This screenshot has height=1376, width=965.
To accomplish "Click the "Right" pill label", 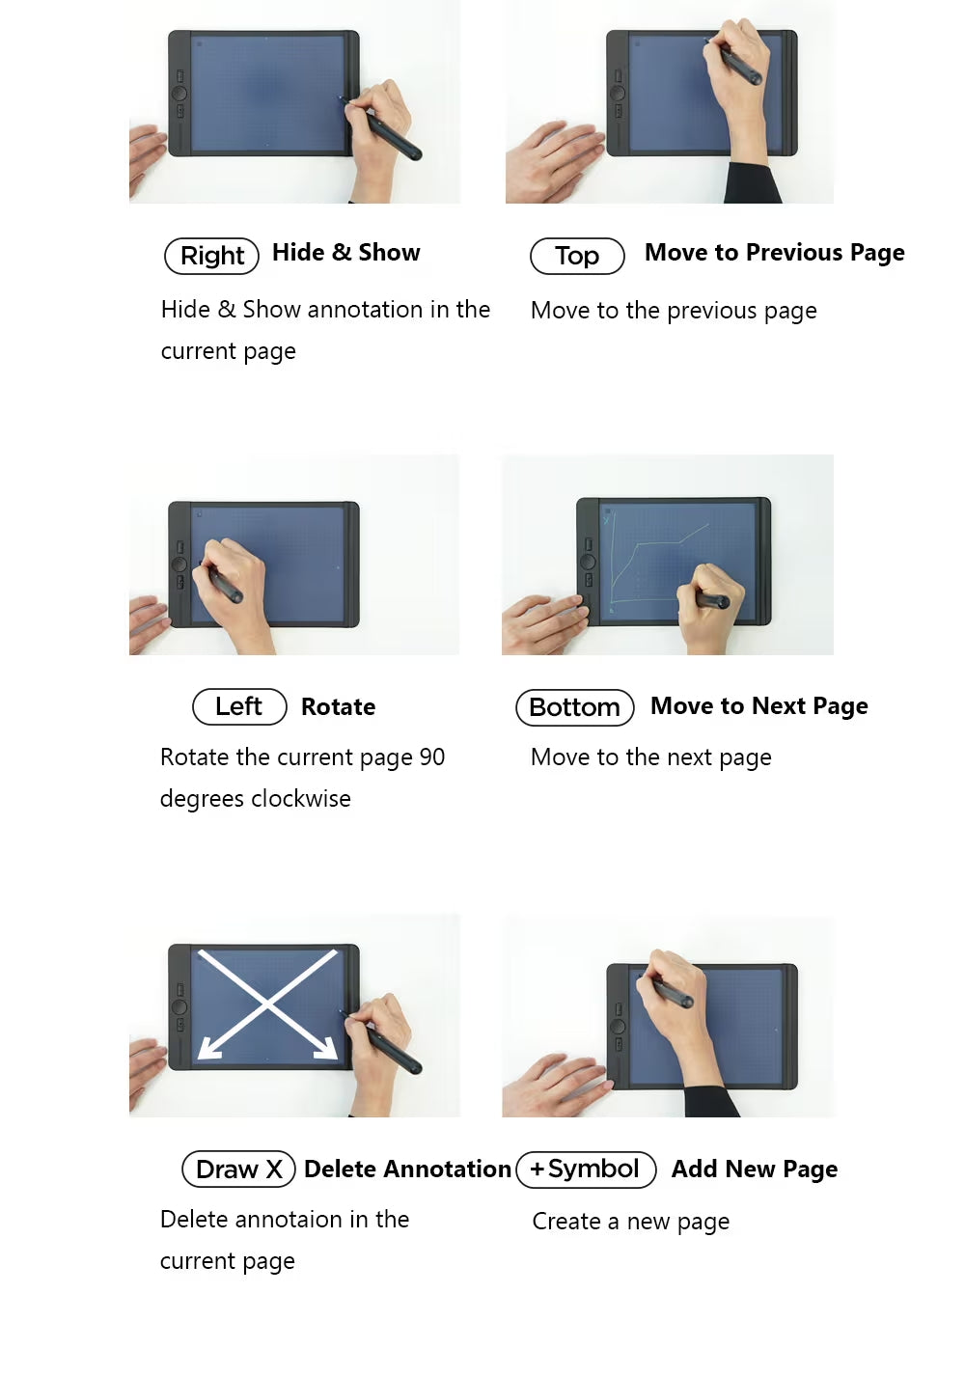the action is pyautogui.click(x=212, y=256).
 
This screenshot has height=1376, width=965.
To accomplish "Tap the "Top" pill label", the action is pyautogui.click(x=577, y=256).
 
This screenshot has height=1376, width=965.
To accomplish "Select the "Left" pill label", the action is pyautogui.click(x=239, y=706).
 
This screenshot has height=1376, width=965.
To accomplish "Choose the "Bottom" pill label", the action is pyautogui.click(x=574, y=707).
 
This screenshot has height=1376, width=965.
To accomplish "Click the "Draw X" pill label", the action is pyautogui.click(x=238, y=1169).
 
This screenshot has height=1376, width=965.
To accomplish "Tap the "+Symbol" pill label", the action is pyautogui.click(x=586, y=1169).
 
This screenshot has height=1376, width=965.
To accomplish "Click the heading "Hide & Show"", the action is pyautogui.click(x=345, y=253).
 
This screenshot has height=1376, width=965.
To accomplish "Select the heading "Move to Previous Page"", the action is pyautogui.click(x=774, y=253).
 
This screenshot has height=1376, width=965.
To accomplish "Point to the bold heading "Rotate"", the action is pyautogui.click(x=338, y=707).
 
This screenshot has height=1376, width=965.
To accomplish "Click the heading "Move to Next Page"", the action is pyautogui.click(x=759, y=706).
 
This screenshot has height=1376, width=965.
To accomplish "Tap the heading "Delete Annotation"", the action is pyautogui.click(x=407, y=1169).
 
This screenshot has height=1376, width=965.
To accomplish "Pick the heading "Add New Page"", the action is pyautogui.click(x=755, y=1170).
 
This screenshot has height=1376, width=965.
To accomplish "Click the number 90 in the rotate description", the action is pyautogui.click(x=431, y=757).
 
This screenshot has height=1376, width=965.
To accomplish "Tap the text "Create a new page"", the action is pyautogui.click(x=631, y=1222).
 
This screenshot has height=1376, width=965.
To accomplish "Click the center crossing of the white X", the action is pyautogui.click(x=267, y=1004).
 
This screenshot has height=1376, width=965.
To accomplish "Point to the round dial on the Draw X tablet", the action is pyautogui.click(x=179, y=1006).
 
